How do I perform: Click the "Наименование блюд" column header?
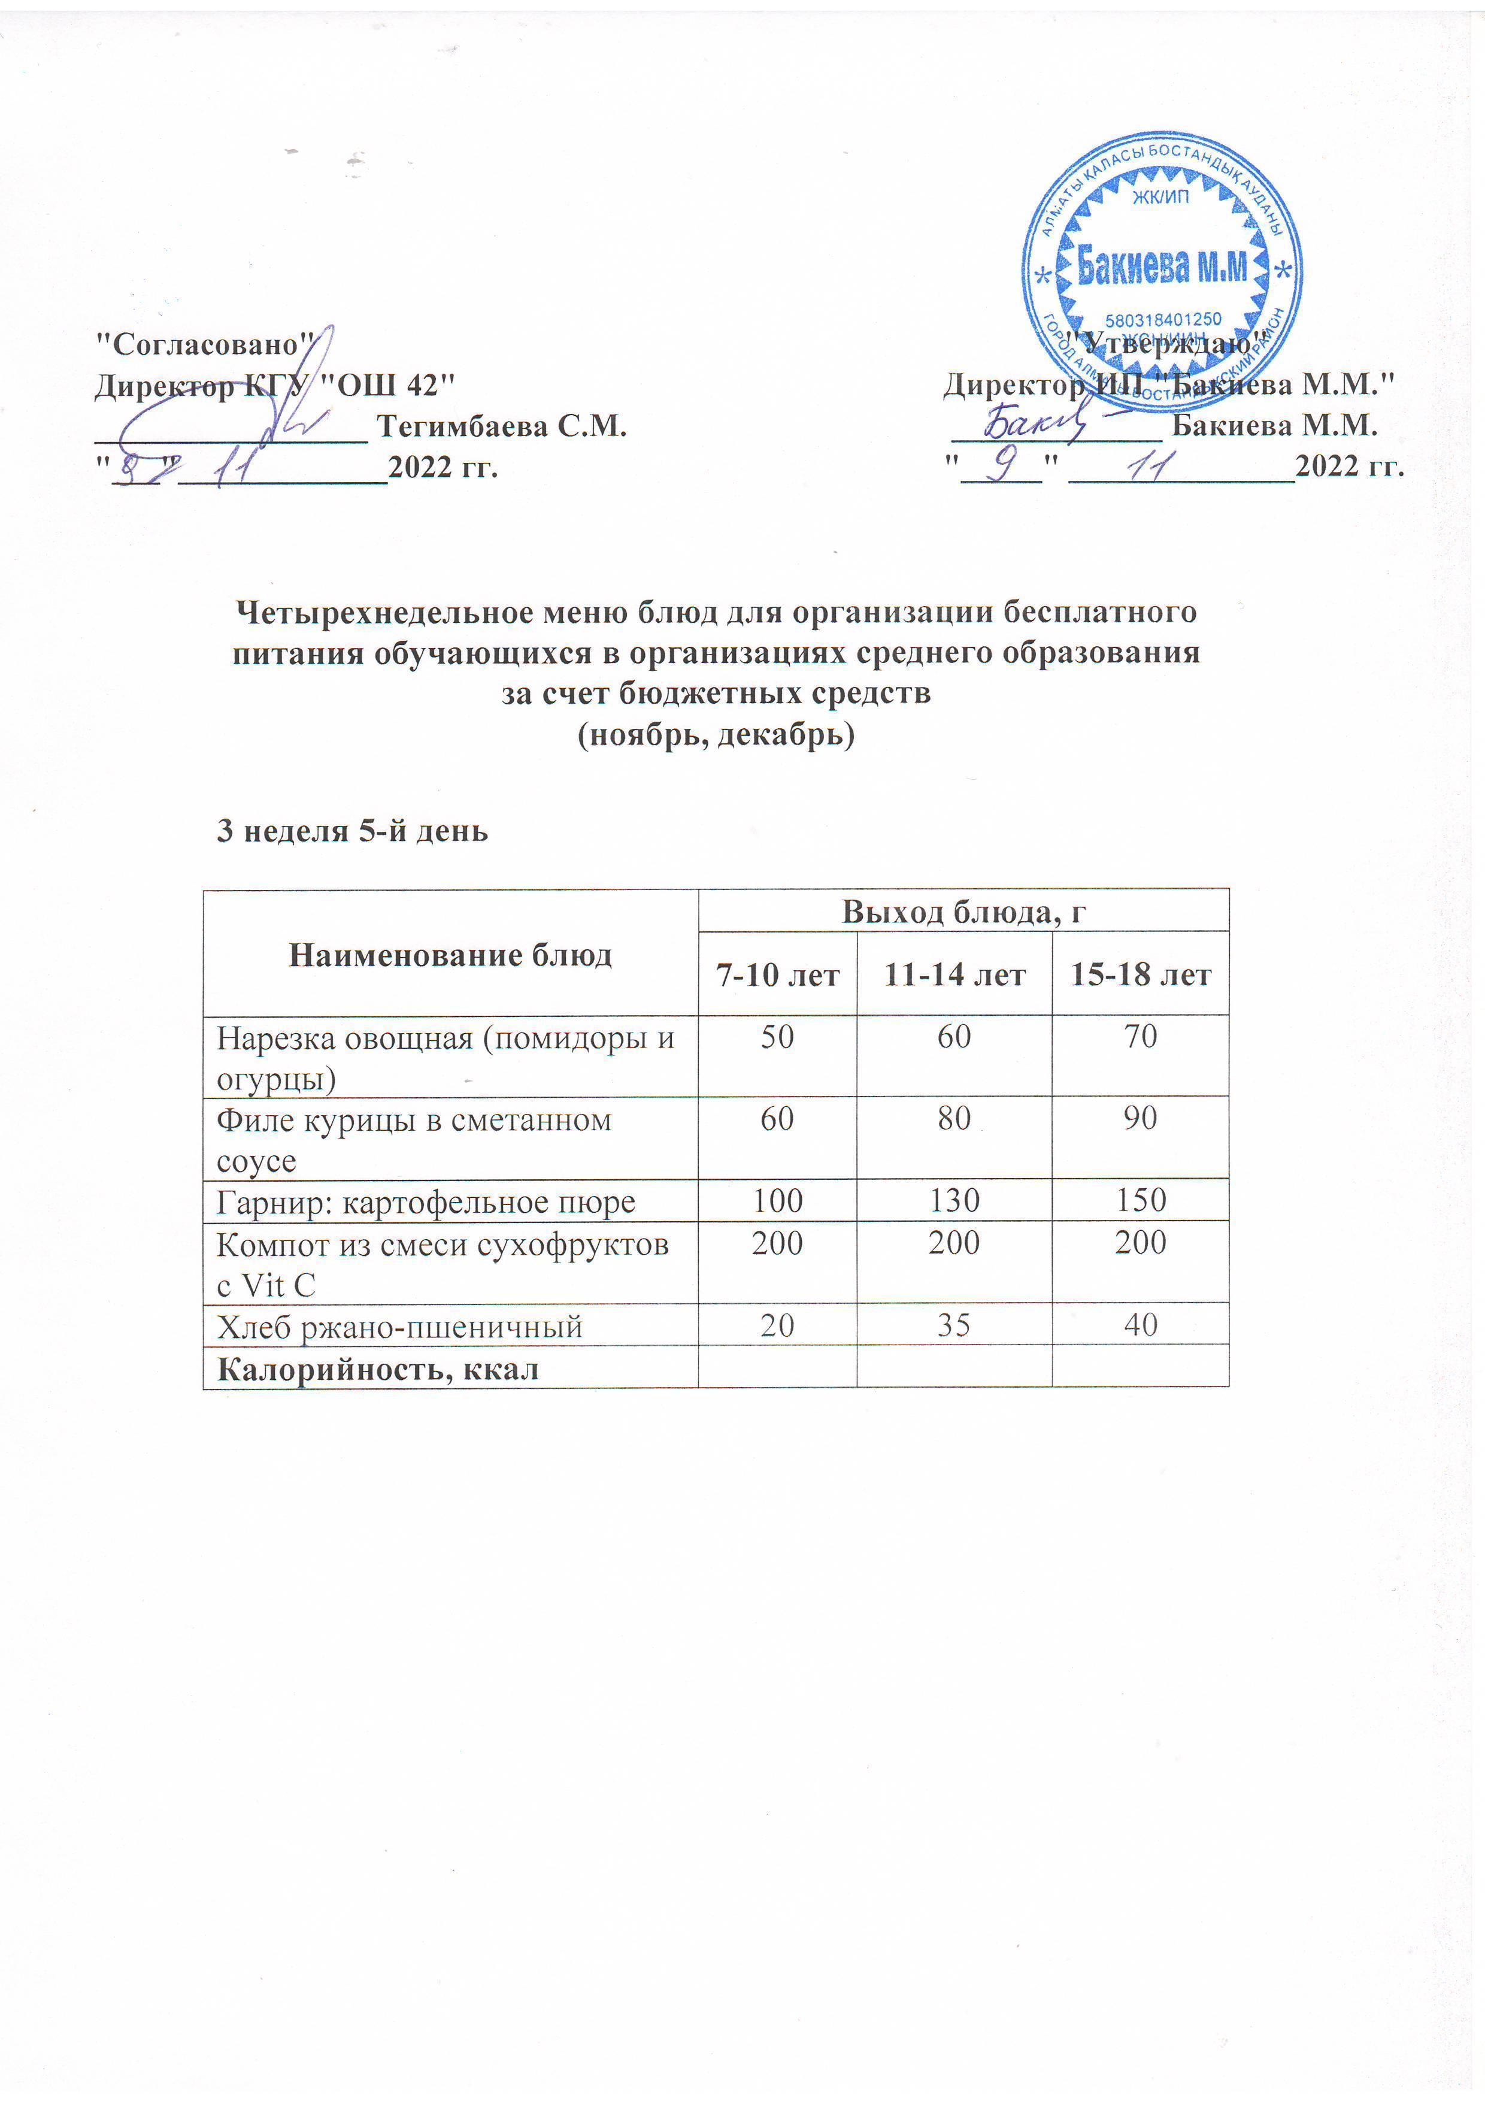pos(450,955)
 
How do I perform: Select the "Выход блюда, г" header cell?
pos(963,912)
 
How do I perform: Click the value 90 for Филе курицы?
pos(1141,1118)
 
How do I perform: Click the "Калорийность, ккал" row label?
pos(377,1369)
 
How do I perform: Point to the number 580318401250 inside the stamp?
pos(1163,320)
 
